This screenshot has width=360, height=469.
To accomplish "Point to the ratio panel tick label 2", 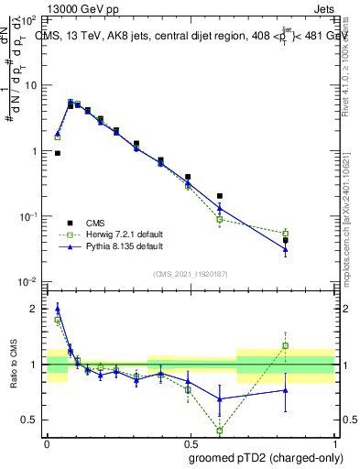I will click(x=37, y=309).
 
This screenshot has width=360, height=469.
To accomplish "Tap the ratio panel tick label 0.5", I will click(x=32, y=420).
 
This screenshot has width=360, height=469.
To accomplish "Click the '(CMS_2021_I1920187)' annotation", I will click(x=190, y=272).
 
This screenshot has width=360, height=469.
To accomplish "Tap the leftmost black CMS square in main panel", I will click(x=58, y=153).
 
